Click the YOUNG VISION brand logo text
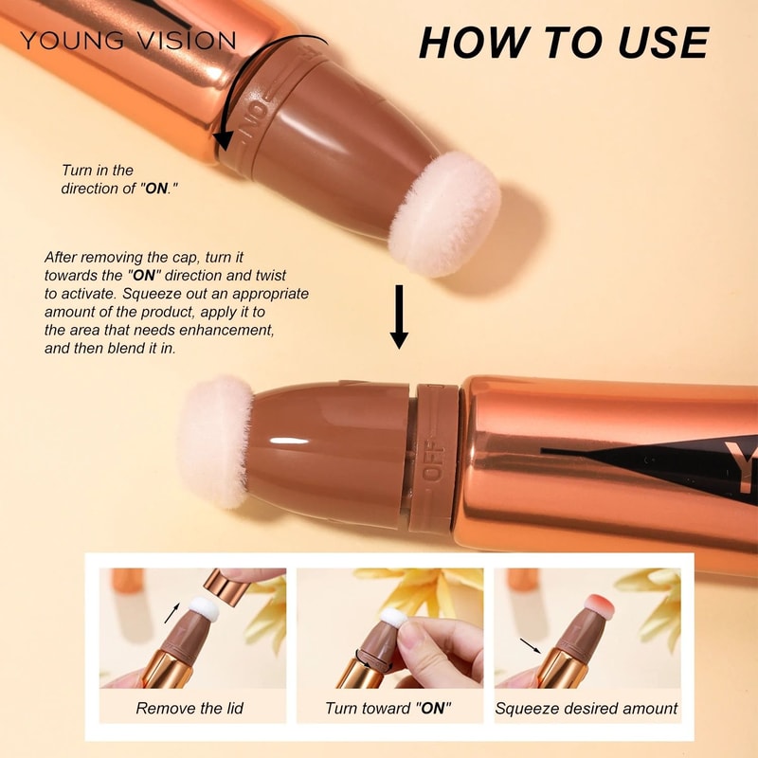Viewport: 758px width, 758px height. [x=128, y=40]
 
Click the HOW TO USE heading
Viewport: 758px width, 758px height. [x=563, y=43]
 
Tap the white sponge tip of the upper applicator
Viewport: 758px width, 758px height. [x=445, y=211]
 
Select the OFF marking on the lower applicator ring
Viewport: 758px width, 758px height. [x=435, y=460]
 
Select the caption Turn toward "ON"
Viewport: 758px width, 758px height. [x=388, y=708]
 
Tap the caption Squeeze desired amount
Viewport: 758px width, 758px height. [x=587, y=708]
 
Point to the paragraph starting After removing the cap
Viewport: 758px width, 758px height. [x=176, y=302]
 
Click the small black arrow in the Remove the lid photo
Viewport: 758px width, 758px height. [x=172, y=612]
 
